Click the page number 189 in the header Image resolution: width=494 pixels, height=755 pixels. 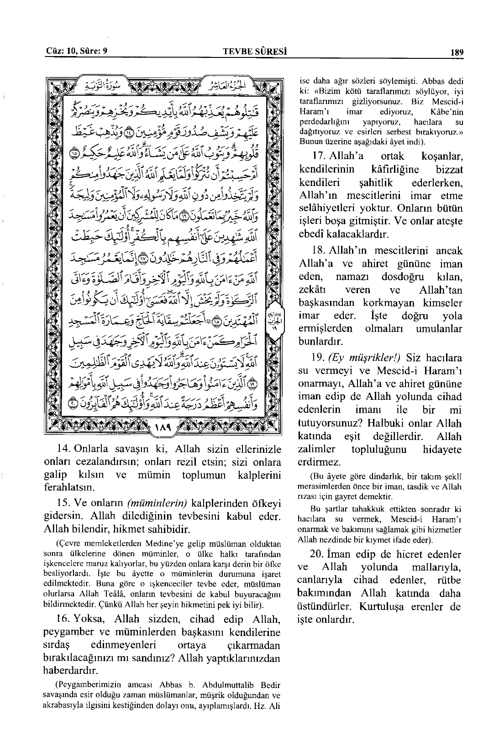457,52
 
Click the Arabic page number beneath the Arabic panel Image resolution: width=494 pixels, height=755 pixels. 163,428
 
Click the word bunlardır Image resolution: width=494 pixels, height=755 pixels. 321,341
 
